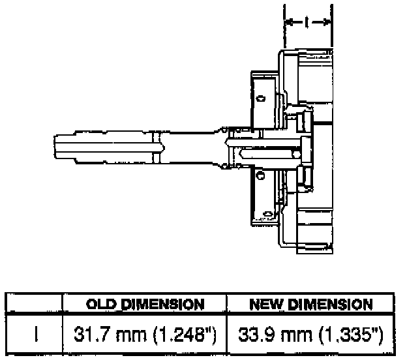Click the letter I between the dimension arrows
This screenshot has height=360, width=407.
coord(307,22)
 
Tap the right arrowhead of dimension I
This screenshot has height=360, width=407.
coord(327,22)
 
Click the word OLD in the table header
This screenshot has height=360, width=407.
coord(101,304)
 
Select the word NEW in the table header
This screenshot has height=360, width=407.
coord(266,304)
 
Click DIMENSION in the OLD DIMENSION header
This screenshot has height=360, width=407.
coord(163,304)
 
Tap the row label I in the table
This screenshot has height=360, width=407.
coord(37,335)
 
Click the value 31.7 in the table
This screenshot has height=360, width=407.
coord(87,335)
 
